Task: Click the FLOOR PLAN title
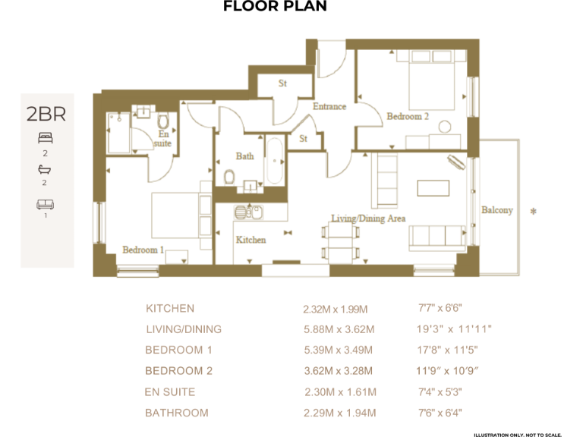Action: coord(275,7)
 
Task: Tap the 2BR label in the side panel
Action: coord(46,115)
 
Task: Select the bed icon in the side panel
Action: coord(46,138)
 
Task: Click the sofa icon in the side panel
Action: coord(46,204)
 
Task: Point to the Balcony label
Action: coord(497,210)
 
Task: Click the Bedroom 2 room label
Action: coord(408,117)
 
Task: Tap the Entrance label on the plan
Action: coord(329,107)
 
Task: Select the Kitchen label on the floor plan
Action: coord(251,240)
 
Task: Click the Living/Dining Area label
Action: coord(368,218)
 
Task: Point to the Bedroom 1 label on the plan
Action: coord(143,250)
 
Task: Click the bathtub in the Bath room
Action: coord(274,160)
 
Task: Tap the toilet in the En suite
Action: coord(162,122)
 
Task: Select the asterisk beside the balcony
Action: coord(533,212)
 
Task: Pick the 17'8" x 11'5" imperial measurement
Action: coord(447,351)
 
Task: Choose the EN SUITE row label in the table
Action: coord(170,392)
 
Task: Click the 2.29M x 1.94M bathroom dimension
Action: coord(339,413)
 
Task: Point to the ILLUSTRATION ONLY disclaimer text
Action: coord(517,434)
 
